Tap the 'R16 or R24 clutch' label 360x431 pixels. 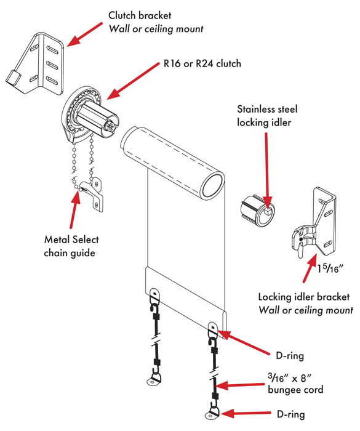tap(201, 63)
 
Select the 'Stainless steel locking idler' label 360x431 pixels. tap(267, 116)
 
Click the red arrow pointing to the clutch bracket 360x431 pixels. tap(83, 33)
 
